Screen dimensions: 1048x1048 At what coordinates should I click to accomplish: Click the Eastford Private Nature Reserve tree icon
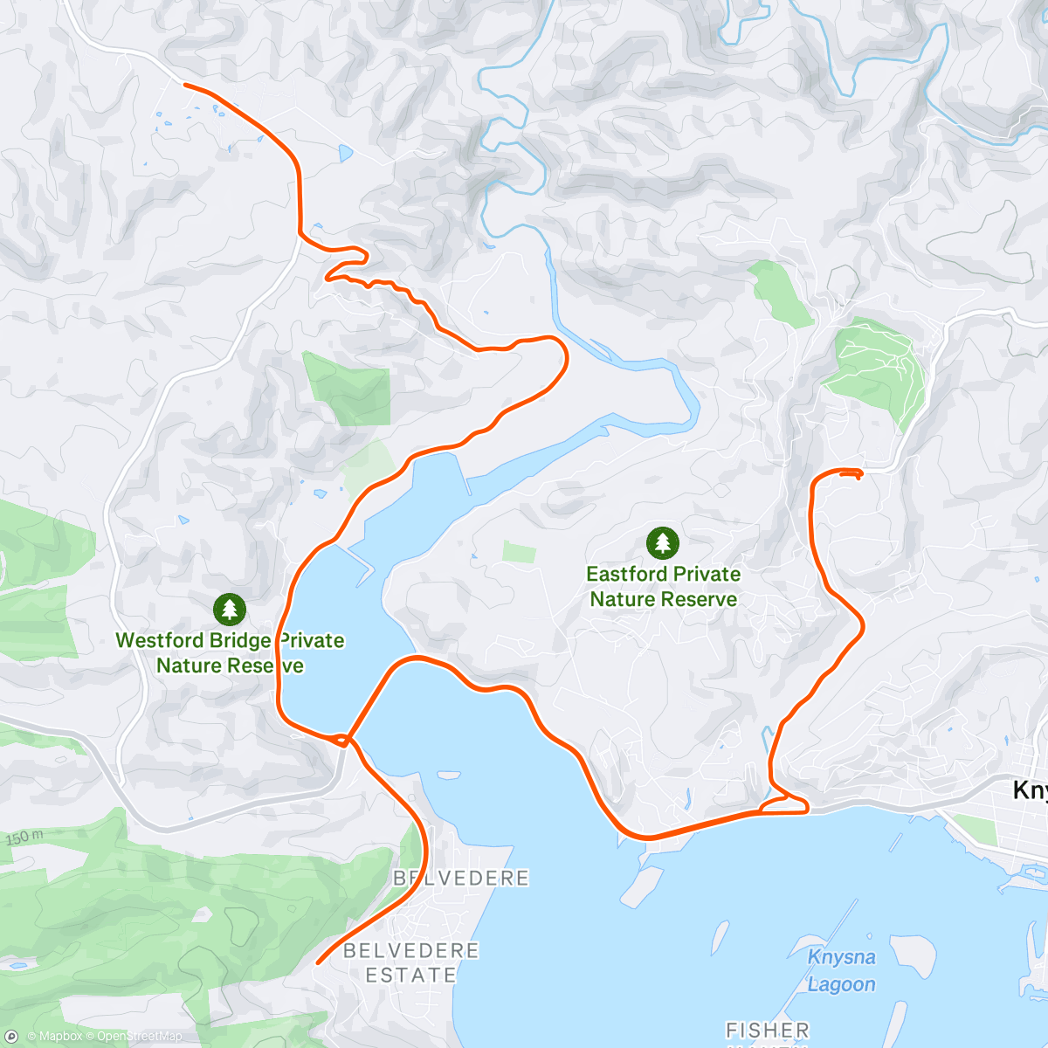click(x=663, y=543)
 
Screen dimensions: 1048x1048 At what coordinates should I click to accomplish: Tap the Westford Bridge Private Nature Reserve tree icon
click(x=229, y=610)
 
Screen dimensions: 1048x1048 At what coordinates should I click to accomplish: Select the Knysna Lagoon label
click(x=841, y=970)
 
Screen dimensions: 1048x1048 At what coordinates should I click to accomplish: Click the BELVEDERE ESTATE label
click(x=411, y=962)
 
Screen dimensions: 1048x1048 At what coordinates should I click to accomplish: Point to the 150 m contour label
click(x=24, y=838)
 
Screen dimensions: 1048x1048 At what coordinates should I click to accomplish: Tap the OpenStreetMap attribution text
click(x=139, y=1037)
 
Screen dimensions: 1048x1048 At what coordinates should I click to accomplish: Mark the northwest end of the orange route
click(x=185, y=84)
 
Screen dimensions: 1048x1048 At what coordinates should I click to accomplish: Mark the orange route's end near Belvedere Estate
click(x=317, y=962)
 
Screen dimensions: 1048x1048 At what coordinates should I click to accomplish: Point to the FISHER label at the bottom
click(x=768, y=1031)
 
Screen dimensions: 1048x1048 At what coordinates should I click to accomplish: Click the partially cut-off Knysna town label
click(x=1030, y=790)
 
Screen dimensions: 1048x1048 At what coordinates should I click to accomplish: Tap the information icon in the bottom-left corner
click(x=11, y=1037)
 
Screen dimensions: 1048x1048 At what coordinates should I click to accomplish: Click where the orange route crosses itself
click(x=347, y=741)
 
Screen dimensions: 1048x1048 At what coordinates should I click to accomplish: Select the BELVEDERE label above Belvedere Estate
click(x=461, y=878)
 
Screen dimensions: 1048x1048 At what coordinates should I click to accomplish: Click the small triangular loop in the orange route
click(x=782, y=804)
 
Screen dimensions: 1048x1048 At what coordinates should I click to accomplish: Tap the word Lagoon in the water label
click(x=841, y=984)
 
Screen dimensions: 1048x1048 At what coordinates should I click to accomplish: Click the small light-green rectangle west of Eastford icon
click(x=519, y=552)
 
